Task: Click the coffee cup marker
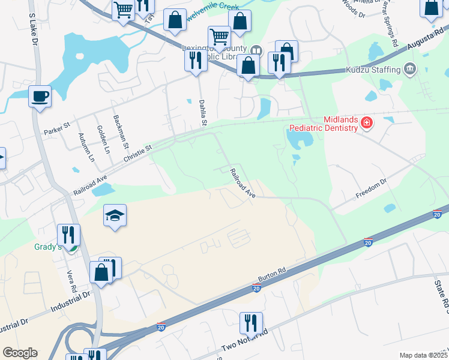point(40,97)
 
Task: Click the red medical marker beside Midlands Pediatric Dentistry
point(366,124)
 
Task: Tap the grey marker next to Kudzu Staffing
point(410,69)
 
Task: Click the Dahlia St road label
point(203,113)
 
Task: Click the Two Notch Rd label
point(244,340)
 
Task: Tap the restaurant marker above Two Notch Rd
point(251,323)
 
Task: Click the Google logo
point(20,353)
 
